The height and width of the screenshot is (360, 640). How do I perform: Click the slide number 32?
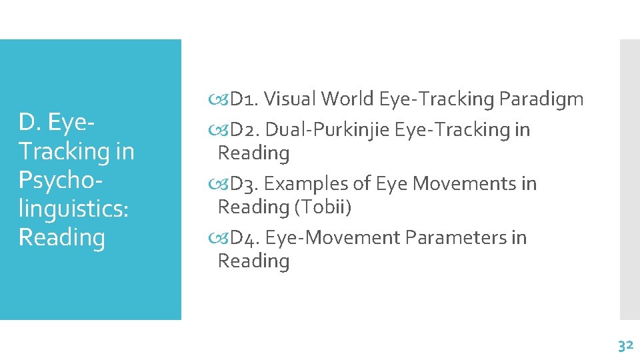625,345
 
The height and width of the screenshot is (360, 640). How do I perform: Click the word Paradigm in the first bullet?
541,99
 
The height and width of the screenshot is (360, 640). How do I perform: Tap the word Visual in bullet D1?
290,99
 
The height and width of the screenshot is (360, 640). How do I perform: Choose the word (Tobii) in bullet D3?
323,207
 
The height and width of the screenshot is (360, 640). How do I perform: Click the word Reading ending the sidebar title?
62,237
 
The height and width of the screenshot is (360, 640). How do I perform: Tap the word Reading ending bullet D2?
253,153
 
